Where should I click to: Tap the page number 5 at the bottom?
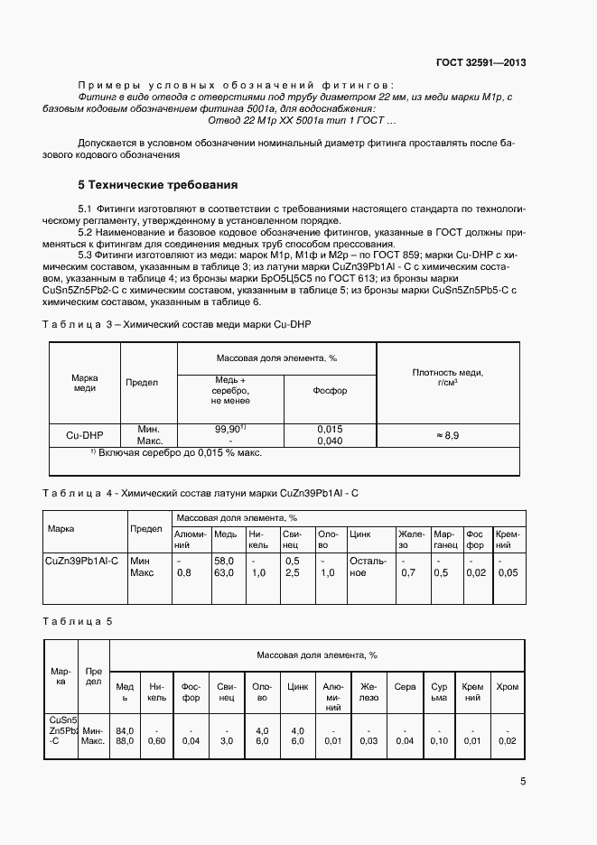pos(523,783)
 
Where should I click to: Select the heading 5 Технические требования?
pos(158,185)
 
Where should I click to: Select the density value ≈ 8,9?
pos(447,435)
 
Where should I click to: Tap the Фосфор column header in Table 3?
pos(329,391)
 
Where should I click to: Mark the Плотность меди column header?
pos(447,377)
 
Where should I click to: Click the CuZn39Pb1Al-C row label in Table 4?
pos(81,561)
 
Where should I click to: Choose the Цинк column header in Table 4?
pos(359,534)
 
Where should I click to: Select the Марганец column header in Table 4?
pos(443,539)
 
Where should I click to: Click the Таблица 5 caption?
pos(79,621)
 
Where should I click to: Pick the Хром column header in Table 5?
pos(508,687)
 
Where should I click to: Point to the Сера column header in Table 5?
pos(405,687)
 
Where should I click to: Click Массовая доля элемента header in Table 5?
pos(316,654)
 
